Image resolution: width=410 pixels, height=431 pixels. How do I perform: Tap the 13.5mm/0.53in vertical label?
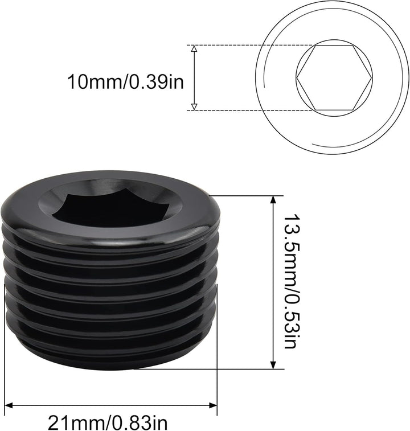pyautogui.click(x=290, y=281)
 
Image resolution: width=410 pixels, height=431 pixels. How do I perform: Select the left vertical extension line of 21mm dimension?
pyautogui.click(x=5, y=353)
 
